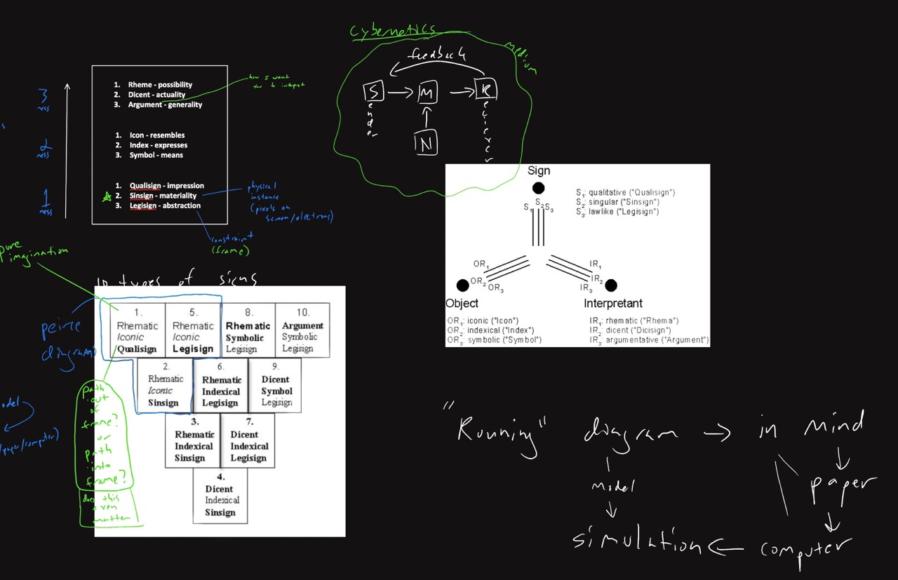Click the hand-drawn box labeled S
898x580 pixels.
[x=373, y=91]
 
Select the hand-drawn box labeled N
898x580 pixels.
[x=426, y=144]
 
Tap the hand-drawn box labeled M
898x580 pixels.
[x=428, y=92]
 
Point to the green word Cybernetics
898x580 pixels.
[x=392, y=30]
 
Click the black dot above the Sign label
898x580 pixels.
[x=538, y=188]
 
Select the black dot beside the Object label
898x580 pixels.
[x=462, y=285]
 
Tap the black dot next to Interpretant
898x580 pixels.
[x=611, y=285]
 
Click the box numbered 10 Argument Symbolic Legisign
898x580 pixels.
[x=302, y=330]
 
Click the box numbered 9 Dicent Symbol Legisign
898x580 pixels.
[x=276, y=385]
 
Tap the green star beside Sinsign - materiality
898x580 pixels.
[x=107, y=197]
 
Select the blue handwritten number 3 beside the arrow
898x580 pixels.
[x=43, y=97]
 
